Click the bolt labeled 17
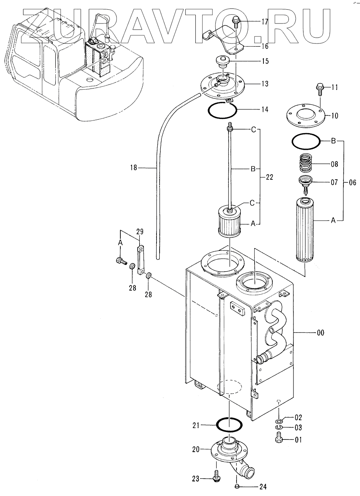[235, 23]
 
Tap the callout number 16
[265, 47]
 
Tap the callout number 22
[269, 177]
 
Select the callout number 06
[352, 182]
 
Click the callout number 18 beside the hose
[133, 168]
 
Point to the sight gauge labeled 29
[140, 260]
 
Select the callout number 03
[298, 428]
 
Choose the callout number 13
[265, 84]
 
